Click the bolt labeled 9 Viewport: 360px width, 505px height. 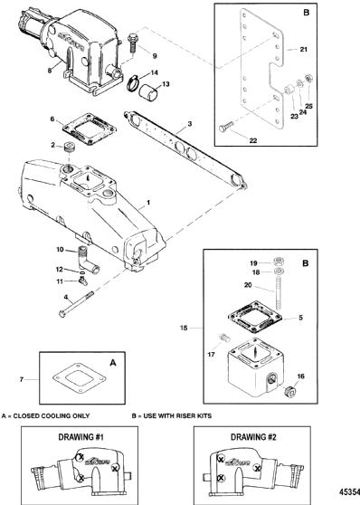pyautogui.click(x=132, y=43)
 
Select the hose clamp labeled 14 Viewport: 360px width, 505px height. pyautogui.click(x=131, y=82)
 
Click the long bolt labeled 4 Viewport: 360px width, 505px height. pyautogui.click(x=76, y=304)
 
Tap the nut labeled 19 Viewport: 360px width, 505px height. pyautogui.click(x=278, y=261)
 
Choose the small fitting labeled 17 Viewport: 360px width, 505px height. pyautogui.click(x=223, y=338)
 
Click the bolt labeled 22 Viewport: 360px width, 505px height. pyautogui.click(x=227, y=127)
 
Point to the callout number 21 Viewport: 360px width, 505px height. pyautogui.click(x=303, y=50)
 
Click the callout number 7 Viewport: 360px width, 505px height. pyautogui.click(x=22, y=379)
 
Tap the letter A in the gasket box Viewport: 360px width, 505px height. pyautogui.click(x=113, y=363)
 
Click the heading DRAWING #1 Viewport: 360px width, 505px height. pyautogui.click(x=81, y=437)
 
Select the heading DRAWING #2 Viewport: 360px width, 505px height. pyautogui.click(x=253, y=437)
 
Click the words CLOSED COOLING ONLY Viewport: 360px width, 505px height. pyautogui.click(x=52, y=415)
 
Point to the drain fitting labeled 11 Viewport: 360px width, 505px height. pyautogui.click(x=82, y=281)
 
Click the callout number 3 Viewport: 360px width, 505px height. pyautogui.click(x=190, y=124)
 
